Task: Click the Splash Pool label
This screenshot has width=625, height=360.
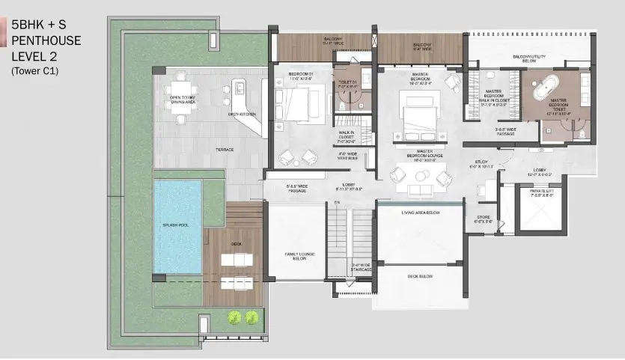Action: tap(178, 224)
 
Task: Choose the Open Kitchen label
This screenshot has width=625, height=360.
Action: tap(243, 115)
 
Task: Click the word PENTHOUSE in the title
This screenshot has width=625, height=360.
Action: tap(46, 39)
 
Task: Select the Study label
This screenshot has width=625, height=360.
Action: tap(483, 165)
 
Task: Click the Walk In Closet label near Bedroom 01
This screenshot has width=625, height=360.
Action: tap(345, 135)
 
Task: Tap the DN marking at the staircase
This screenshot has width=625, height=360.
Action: tap(338, 202)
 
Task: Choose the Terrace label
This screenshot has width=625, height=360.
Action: tap(225, 150)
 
